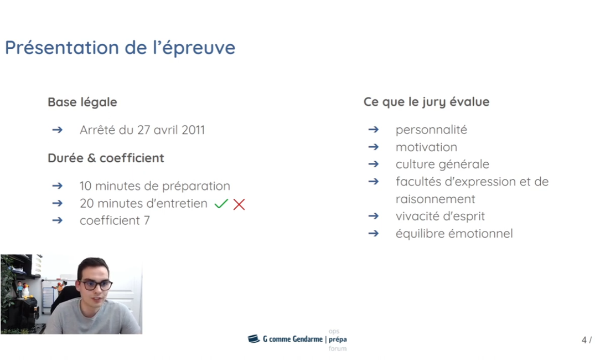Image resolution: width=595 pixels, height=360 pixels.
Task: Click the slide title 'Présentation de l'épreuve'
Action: click(120, 48)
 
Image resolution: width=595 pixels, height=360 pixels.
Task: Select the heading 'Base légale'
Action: click(82, 102)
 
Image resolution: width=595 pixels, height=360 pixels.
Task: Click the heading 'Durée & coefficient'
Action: click(106, 158)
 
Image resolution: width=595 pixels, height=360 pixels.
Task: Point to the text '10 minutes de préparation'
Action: click(154, 186)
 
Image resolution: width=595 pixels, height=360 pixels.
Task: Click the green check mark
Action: click(221, 204)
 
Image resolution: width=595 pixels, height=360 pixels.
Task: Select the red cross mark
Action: click(239, 204)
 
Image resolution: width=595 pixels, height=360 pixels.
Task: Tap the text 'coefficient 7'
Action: click(115, 220)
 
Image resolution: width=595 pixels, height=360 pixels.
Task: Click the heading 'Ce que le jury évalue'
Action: click(426, 102)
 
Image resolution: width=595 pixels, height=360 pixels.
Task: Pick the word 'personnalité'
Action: click(431, 130)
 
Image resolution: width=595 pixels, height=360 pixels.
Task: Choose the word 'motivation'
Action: click(426, 147)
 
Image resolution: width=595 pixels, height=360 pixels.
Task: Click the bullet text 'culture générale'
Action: click(442, 164)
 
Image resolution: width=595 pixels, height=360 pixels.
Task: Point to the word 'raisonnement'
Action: click(435, 199)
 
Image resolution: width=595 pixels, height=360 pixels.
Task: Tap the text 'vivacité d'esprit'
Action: click(440, 216)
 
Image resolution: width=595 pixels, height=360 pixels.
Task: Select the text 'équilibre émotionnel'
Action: click(454, 234)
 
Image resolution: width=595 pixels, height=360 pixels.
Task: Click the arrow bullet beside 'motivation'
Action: click(373, 147)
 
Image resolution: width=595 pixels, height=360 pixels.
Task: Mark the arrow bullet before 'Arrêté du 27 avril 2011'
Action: click(57, 130)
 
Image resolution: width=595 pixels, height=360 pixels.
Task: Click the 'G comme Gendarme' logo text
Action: click(292, 339)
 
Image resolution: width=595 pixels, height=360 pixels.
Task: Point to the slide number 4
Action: click(584, 340)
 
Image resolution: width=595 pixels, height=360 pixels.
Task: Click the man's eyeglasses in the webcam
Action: click(95, 285)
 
